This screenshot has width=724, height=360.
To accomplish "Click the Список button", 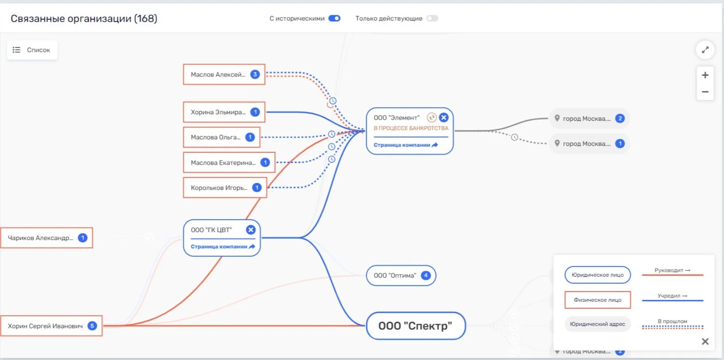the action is (x=32, y=50).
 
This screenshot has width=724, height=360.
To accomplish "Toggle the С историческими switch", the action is (x=334, y=18).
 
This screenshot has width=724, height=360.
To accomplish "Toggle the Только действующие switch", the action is (x=432, y=18).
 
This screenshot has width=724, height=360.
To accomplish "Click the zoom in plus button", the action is (x=705, y=75).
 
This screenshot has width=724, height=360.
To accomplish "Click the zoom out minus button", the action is (x=705, y=92).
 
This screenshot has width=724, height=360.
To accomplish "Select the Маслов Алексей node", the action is (x=224, y=75).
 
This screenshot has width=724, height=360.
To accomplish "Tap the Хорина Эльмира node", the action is (x=224, y=112).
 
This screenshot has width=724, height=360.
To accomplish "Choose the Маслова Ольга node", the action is (x=222, y=137).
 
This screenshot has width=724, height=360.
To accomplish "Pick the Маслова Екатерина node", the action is (x=229, y=163).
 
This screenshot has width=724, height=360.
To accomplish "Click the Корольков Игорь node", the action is (x=225, y=188).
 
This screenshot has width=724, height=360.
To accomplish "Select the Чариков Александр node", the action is (x=47, y=238).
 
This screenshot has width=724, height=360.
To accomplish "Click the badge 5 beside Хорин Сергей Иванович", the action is (x=92, y=326).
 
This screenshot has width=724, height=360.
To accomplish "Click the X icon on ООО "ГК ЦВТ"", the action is (x=251, y=230).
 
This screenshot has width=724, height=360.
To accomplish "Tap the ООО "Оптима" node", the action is (x=401, y=275).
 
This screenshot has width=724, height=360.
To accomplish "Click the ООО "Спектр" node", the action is (x=415, y=326).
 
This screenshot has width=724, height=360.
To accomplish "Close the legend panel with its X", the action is (x=705, y=342).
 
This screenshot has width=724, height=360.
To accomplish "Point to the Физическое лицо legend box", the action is (x=597, y=300).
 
